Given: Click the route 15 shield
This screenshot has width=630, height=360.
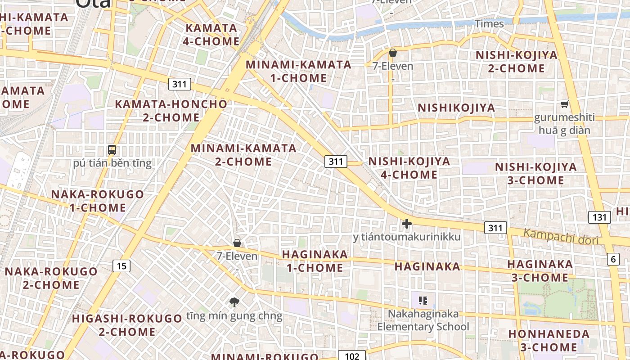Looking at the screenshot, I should [x=121, y=266].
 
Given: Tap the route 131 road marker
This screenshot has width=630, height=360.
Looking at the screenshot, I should [x=599, y=217].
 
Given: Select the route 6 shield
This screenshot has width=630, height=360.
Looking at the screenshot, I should [x=613, y=259].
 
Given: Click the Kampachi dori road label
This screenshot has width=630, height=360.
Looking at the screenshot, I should [x=561, y=237].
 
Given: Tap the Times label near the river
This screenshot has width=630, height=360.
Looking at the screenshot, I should [x=489, y=24].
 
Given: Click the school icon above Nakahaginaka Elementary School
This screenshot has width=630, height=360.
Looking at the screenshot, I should [x=423, y=300].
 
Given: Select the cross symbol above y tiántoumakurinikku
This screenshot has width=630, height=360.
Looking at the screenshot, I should [x=407, y=223].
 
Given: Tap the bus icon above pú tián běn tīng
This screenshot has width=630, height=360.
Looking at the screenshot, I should [x=112, y=150].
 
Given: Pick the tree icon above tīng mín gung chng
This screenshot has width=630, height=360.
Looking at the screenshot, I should [x=234, y=302].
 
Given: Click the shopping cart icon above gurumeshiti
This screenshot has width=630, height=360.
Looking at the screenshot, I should [x=564, y=104].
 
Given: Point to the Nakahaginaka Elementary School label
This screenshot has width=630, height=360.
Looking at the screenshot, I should [x=423, y=320].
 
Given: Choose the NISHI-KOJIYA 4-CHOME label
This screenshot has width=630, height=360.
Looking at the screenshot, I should [x=409, y=168].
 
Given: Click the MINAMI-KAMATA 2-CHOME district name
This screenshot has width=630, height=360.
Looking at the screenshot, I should [x=243, y=154].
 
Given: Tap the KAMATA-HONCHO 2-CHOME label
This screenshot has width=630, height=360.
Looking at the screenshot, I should [x=171, y=111].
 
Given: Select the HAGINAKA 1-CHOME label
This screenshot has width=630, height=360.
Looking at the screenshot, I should [x=315, y=261].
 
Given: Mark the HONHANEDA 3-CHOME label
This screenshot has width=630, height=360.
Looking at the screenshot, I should [x=549, y=341].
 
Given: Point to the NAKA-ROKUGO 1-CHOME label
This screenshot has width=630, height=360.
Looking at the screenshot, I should [x=98, y=201].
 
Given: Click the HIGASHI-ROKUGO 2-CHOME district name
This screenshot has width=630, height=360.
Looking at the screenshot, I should [x=127, y=325].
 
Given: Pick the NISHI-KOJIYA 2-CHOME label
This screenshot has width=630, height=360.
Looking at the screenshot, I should [x=516, y=62].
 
